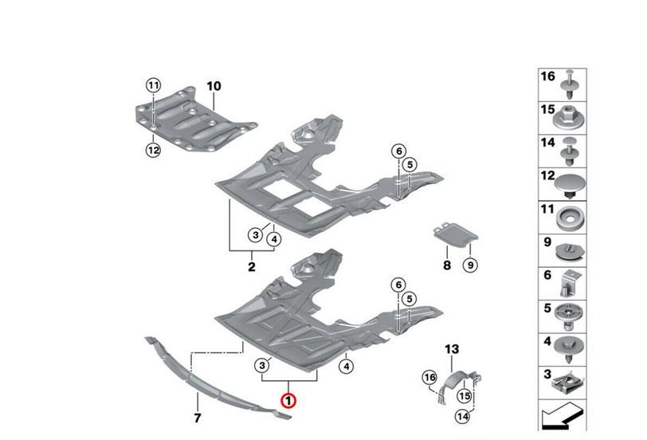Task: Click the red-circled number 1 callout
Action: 288,400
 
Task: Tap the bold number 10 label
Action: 214,86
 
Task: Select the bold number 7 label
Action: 198,418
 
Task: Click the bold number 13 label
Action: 452,349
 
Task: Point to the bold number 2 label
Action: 251,267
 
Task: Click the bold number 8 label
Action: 447,265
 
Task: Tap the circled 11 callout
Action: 153,86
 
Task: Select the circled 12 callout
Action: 153,150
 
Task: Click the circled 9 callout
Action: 470,265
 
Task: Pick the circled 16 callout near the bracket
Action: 429,377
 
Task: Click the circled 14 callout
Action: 463,416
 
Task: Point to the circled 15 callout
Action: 465,396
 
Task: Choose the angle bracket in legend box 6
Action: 571,283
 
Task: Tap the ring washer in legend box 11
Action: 571,218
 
